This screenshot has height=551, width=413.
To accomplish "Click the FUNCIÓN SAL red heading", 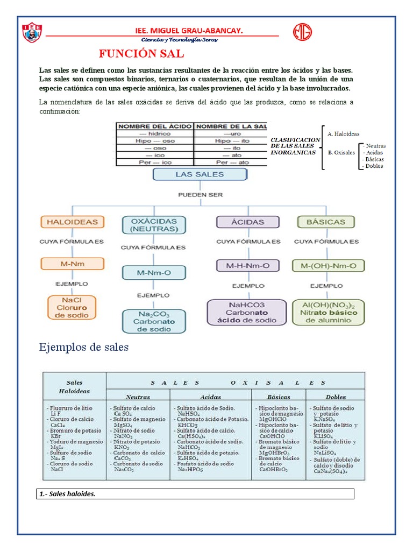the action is pyautogui.click(x=141, y=54).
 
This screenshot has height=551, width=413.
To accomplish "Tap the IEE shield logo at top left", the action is pyautogui.click(x=33, y=33).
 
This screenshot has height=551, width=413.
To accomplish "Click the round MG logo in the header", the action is pyautogui.click(x=303, y=32).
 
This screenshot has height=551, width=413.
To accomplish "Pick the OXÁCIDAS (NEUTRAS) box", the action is pyautogui.click(x=154, y=225).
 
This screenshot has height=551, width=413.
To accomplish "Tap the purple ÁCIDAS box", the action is pyautogui.click(x=248, y=222).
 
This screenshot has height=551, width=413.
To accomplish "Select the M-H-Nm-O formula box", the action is pyautogui.click(x=248, y=265).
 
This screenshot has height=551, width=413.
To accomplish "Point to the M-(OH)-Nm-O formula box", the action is pyautogui.click(x=328, y=265).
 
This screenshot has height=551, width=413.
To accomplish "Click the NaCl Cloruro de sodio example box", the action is pyautogui.click(x=72, y=307).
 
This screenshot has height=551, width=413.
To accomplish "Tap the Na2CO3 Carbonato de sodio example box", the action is pyautogui.click(x=154, y=321).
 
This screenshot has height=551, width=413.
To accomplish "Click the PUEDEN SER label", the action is pyautogui.click(x=200, y=194).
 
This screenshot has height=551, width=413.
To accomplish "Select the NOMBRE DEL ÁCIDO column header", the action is pyautogui.click(x=154, y=126).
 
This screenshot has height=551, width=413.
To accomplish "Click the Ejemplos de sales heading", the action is pyautogui.click(x=84, y=347).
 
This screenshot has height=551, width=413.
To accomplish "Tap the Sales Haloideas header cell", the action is pyautogui.click(x=75, y=387).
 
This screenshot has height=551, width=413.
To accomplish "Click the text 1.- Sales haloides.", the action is pyautogui.click(x=68, y=494).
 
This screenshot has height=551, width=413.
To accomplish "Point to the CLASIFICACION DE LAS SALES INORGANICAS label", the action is pyautogui.click(x=295, y=146).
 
